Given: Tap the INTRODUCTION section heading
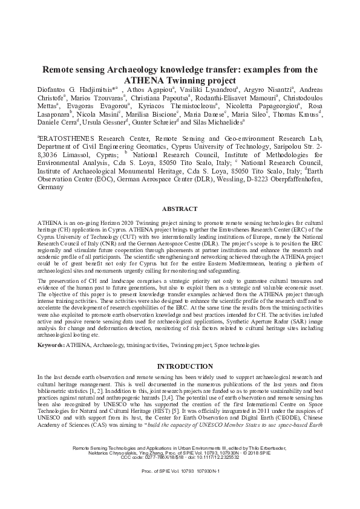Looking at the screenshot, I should pos(180,366).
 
